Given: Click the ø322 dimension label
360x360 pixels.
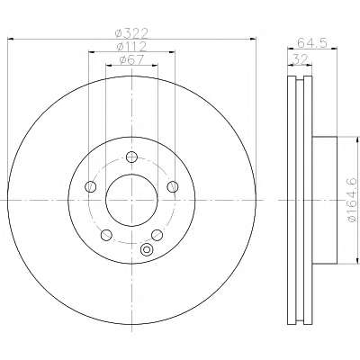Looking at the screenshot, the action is tap(132, 33).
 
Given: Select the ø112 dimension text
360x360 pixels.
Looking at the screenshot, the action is tap(131, 47).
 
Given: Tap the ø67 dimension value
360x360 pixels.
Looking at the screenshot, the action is tap(131, 60).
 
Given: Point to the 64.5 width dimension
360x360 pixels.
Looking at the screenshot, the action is tap(312, 43).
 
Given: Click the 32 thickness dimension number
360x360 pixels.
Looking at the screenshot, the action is tap(300, 59).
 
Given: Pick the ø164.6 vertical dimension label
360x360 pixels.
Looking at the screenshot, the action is tap(352, 199).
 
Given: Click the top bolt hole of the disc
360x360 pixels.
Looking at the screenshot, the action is tap(131, 157).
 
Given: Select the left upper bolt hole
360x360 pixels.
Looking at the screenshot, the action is tap(91, 187).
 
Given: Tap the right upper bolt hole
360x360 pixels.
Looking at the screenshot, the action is tap(173, 186).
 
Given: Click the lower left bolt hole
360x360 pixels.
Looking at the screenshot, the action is tap(106, 235).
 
